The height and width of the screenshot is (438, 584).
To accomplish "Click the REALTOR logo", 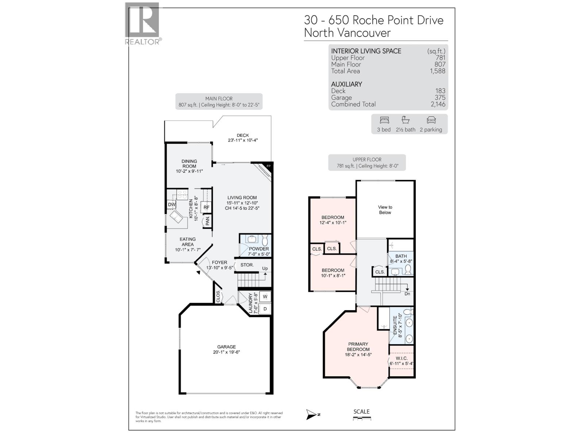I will click(x=142, y=24).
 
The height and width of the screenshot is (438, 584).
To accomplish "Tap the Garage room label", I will click(x=226, y=347).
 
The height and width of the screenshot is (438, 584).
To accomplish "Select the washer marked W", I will click(x=265, y=296).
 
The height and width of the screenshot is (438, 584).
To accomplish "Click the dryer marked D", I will click(x=265, y=309).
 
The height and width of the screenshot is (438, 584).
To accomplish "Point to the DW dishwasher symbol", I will click(x=172, y=204).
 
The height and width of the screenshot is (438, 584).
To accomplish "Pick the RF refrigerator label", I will click(x=207, y=207).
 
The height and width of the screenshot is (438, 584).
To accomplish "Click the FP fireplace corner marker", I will click(x=268, y=166).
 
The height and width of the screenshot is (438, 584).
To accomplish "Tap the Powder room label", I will click(x=259, y=249).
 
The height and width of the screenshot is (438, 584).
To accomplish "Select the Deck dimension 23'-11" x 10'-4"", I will click(x=243, y=140).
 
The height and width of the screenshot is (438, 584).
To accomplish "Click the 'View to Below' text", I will click(x=385, y=210).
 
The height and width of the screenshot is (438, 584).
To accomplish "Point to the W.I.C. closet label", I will click(x=401, y=358).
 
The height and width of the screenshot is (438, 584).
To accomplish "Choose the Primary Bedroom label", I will click(x=358, y=347).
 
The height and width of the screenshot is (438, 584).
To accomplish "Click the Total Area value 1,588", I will click(x=438, y=71).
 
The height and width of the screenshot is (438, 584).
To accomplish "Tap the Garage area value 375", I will click(x=440, y=97).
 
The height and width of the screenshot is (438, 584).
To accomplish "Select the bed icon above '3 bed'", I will click(x=384, y=120).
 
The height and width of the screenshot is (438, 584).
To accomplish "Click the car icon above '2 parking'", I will click(x=431, y=120).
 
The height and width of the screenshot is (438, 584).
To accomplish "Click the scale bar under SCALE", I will click(x=361, y=419).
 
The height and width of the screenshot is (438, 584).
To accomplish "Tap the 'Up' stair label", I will click(x=265, y=269).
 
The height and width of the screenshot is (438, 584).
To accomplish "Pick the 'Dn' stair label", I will click(x=407, y=293).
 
